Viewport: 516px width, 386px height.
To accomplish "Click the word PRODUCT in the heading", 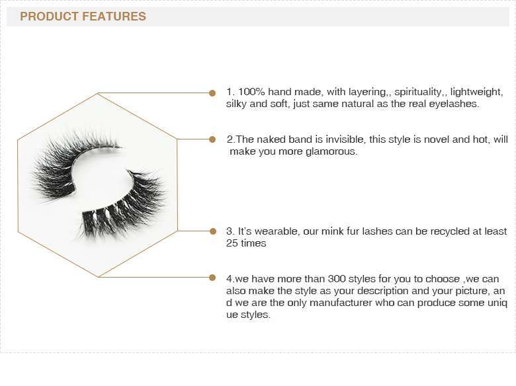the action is point(50,17).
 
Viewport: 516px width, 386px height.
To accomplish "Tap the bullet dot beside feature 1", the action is point(212,93).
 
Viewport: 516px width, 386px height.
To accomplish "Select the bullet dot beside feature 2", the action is point(212,139).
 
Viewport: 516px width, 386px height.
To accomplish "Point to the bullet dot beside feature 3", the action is point(213,231).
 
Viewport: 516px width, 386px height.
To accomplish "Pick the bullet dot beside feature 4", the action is point(212,278).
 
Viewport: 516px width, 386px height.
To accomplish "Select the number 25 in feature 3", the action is point(232,243).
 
